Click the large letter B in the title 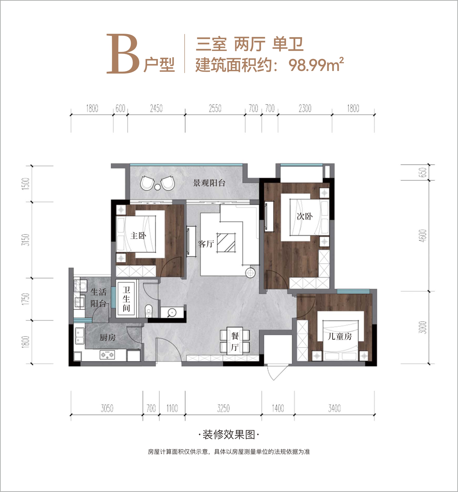[123, 54]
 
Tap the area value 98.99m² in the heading [316, 65]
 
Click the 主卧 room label [138, 236]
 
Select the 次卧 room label [305, 216]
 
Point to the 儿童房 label [340, 336]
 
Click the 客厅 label [206, 244]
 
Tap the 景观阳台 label [209, 183]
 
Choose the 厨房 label [108, 337]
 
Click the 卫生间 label [126, 299]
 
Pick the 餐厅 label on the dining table [235, 342]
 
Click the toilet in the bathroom [148, 311]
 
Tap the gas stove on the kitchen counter [107, 354]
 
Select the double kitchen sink [79, 336]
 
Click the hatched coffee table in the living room [226, 243]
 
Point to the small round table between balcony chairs [158, 187]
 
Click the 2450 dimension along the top [156, 108]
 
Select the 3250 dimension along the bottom [224, 408]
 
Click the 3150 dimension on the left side [26, 240]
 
